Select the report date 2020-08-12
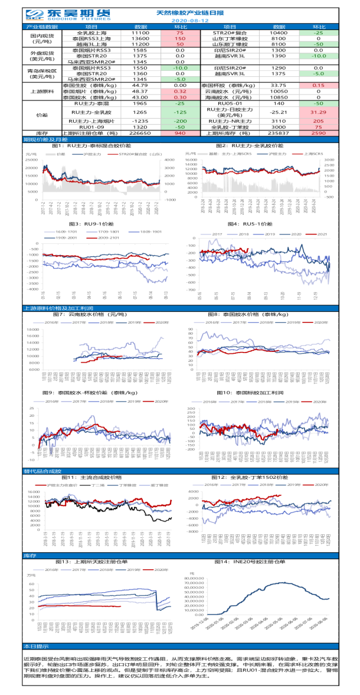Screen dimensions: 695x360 pyautogui.click(x=181, y=20)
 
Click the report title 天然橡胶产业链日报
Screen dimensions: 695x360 pyautogui.click(x=181, y=12)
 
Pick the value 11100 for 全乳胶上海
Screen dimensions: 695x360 pyautogui.click(x=140, y=33)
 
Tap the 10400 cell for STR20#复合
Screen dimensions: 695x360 pyautogui.click(x=279, y=33)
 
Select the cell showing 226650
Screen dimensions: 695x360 pyautogui.click(x=140, y=133)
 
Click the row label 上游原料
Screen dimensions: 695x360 pyautogui.click(x=42, y=92)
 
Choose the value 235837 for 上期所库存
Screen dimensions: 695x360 pyautogui.click(x=279, y=133)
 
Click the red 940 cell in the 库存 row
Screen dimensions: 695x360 pyautogui.click(x=181, y=133)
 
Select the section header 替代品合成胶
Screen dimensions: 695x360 pyautogui.click(x=42, y=471)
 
